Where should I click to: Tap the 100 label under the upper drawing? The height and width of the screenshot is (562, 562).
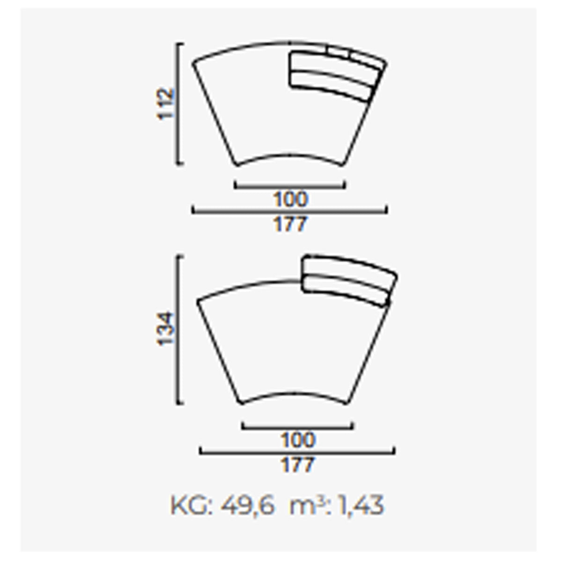point(290,199)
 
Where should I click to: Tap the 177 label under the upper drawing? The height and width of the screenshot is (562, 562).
point(290,224)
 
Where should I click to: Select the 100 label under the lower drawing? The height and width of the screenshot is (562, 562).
point(298,440)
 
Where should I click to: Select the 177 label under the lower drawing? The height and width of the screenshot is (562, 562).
point(298,465)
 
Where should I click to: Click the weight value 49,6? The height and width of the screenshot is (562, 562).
point(248,506)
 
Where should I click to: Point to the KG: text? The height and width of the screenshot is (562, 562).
point(192,506)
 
